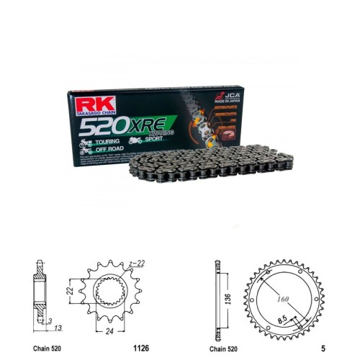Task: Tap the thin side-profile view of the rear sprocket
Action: (216, 296)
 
